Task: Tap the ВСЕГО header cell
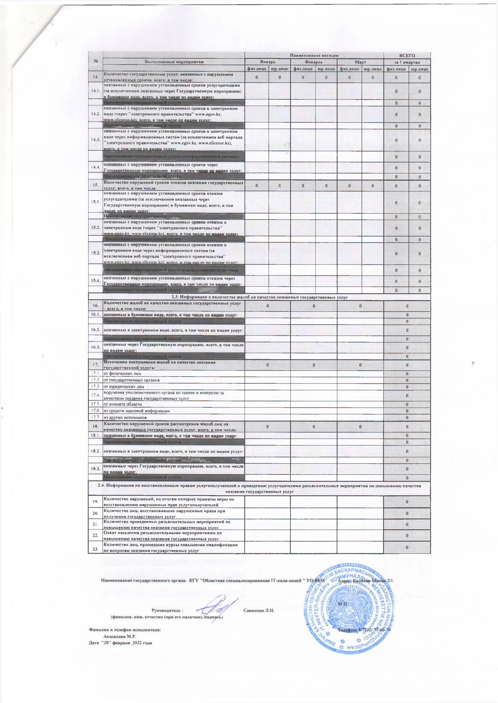pyautogui.click(x=407, y=56)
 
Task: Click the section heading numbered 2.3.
pyautogui.click(x=259, y=297)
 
